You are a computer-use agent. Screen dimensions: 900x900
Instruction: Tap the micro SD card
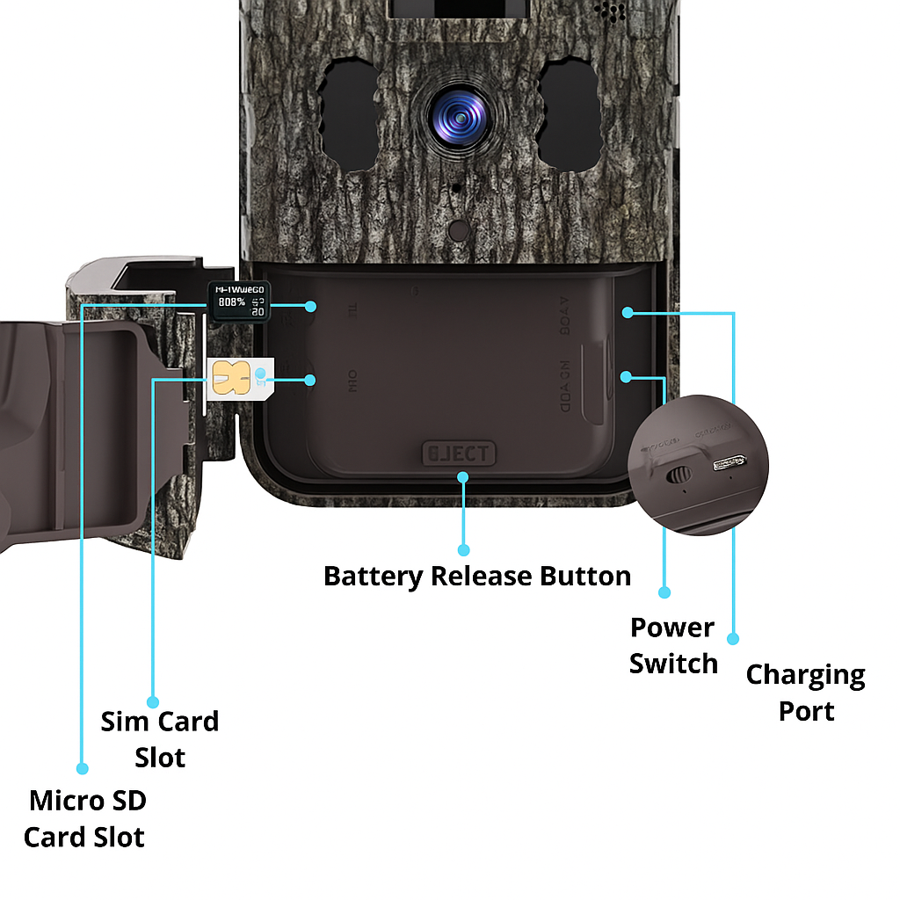[x=238, y=301]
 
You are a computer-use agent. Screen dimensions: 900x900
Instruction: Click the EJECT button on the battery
[x=459, y=454]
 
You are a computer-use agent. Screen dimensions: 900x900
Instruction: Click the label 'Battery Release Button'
[x=477, y=577]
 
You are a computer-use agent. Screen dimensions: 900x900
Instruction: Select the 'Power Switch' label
[x=673, y=645]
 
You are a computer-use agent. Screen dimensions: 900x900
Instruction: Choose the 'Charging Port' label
[x=805, y=693]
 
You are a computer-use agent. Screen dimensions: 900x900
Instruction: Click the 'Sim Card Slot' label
[x=159, y=738]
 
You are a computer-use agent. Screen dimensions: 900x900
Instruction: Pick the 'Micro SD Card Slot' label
[x=84, y=818]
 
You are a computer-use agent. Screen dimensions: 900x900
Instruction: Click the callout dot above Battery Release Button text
[x=464, y=550]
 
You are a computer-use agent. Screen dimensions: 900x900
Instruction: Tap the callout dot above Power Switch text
[x=664, y=592]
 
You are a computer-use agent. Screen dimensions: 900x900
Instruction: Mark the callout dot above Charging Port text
[x=735, y=639]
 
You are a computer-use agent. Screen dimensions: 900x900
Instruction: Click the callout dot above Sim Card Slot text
[x=153, y=701]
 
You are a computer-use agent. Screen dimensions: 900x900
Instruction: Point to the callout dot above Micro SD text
[x=83, y=768]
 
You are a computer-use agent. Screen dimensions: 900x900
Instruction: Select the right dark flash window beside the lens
[x=569, y=114]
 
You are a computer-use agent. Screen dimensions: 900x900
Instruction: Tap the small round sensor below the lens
[x=458, y=230]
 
